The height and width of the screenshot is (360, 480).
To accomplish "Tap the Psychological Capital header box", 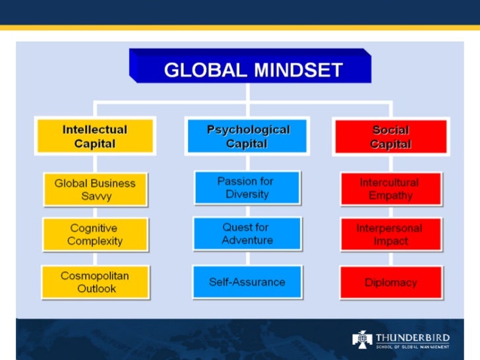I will point(248,136).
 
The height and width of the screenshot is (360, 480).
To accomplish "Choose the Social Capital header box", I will point(390,136).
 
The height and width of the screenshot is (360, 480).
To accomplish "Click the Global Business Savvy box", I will point(95,190).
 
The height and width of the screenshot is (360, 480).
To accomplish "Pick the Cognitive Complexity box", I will point(95,235).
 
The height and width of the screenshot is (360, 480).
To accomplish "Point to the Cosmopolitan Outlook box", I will point(95,282).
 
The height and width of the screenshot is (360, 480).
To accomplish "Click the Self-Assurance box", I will point(247,282).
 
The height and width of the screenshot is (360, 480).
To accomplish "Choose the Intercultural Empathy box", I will point(389,189).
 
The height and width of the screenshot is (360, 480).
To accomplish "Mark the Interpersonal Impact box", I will point(389,235).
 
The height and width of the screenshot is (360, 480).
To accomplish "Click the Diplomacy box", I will point(390,282).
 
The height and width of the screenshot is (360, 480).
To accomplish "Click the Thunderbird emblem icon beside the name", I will point(362,340).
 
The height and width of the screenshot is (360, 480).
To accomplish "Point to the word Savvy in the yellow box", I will point(95,196).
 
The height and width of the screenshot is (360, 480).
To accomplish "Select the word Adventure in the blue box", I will point(247,240).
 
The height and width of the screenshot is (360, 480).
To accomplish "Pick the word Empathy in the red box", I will point(390,195).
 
